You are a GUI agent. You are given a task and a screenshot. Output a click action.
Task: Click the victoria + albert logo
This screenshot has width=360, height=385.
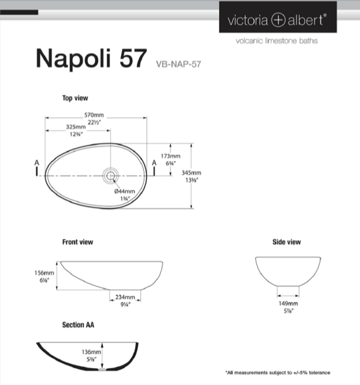coord(277,20)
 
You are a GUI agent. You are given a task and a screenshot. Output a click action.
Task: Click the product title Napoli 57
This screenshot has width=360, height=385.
coord(91,58)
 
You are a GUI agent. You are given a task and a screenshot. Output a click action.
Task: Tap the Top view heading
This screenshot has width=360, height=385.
coord(75,98)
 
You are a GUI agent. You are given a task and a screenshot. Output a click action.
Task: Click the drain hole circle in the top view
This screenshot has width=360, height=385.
coord(110,175)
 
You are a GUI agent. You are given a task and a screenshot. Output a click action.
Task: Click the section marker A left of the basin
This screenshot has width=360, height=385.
coord(37,163)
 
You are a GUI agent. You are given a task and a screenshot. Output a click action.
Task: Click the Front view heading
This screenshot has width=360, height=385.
coord(78,242)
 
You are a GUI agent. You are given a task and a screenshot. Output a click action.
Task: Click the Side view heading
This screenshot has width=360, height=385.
coord(286,242)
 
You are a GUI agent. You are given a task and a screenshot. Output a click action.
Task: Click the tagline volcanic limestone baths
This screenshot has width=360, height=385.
coord(276,41)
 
